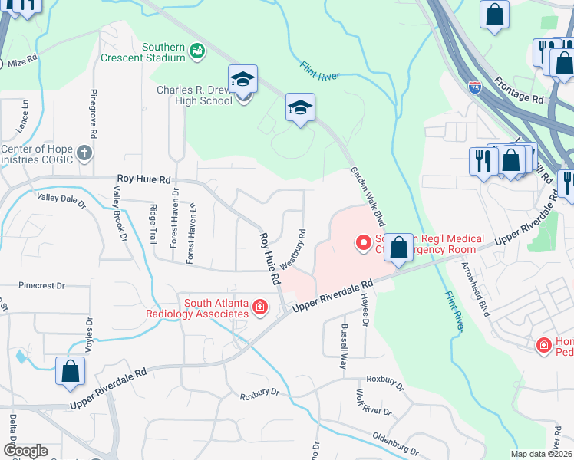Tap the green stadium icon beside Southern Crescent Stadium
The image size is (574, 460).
[198, 51]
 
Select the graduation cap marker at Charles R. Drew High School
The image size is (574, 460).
[242, 78]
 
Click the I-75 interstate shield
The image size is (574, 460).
[475, 88]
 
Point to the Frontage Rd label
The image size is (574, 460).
[518, 87]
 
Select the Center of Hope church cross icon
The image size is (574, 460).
[84, 154]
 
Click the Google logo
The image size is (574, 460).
[25, 451]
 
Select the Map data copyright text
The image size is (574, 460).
[542, 454]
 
